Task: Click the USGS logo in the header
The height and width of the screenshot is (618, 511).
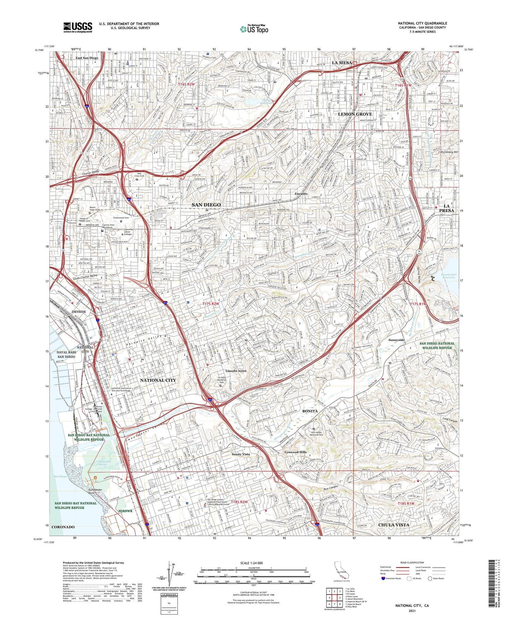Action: [x=78, y=27]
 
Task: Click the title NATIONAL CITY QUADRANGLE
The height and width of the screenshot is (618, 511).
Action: [x=422, y=24]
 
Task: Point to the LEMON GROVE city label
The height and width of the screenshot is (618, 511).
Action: [x=355, y=114]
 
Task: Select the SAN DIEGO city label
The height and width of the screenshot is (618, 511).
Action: [x=206, y=205]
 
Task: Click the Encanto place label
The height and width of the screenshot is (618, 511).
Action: [x=301, y=194]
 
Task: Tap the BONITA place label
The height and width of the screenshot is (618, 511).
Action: [x=310, y=411]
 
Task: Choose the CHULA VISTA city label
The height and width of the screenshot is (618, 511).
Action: [x=394, y=525]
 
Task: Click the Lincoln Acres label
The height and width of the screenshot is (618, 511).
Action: [x=236, y=371]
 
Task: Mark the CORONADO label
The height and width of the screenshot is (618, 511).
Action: [x=63, y=527]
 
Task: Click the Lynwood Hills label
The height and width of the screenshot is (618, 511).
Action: [x=295, y=452]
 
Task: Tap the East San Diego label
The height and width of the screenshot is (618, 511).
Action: [x=87, y=58]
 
